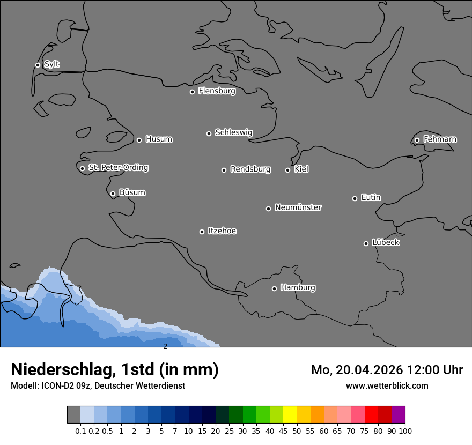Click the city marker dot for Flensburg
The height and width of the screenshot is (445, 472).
(192, 92)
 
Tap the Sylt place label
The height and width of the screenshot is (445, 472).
(51, 64)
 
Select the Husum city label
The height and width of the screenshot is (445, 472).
(159, 139)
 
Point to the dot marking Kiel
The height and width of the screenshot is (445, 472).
(287, 170)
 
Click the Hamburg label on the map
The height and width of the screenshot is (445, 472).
(298, 288)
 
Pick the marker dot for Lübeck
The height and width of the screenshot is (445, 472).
(366, 243)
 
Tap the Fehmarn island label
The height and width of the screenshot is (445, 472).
(440, 139)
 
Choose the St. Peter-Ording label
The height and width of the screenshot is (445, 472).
(118, 168)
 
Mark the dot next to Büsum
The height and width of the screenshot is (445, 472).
(113, 194)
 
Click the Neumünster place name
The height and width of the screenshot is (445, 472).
(298, 207)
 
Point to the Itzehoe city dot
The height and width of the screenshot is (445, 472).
(202, 232)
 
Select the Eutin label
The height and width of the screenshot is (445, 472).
(371, 198)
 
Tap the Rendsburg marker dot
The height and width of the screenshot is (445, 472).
(224, 170)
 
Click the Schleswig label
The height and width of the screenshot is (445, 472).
(234, 132)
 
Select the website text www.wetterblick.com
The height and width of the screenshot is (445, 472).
(387, 385)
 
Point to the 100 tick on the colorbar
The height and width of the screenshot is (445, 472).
(405, 431)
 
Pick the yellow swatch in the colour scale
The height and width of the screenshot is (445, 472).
(290, 414)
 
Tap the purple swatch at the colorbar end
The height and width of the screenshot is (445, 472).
(398, 414)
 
